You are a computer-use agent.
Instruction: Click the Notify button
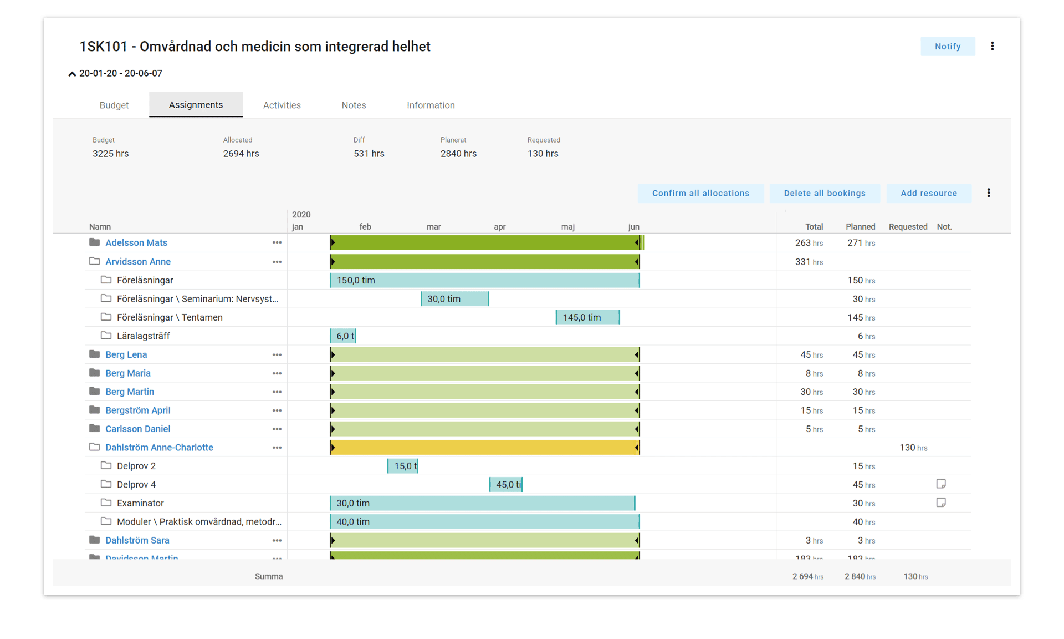[947, 47]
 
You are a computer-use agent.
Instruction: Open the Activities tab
[282, 105]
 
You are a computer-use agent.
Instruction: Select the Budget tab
[114, 105]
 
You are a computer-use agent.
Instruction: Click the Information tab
[431, 105]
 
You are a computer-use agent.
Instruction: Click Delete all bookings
[824, 193]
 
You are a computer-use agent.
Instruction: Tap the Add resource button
[928, 193]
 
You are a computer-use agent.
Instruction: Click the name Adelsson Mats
[136, 242]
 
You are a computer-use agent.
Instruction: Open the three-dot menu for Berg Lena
[277, 354]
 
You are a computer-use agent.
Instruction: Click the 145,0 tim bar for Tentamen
[587, 317]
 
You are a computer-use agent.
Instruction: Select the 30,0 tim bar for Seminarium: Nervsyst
[454, 299]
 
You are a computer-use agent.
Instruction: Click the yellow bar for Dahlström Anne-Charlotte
[485, 448]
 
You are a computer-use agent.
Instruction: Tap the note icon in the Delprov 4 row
[940, 484]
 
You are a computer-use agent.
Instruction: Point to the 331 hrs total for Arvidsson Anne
[809, 262]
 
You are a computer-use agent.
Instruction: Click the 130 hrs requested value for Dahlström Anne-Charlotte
[913, 448]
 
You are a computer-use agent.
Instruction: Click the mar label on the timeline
[433, 227]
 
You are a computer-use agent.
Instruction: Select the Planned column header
[860, 227]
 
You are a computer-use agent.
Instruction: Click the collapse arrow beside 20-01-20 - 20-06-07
[72, 74]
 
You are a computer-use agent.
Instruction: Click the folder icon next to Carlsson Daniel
[95, 429]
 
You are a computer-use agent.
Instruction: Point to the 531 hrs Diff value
[369, 154]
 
